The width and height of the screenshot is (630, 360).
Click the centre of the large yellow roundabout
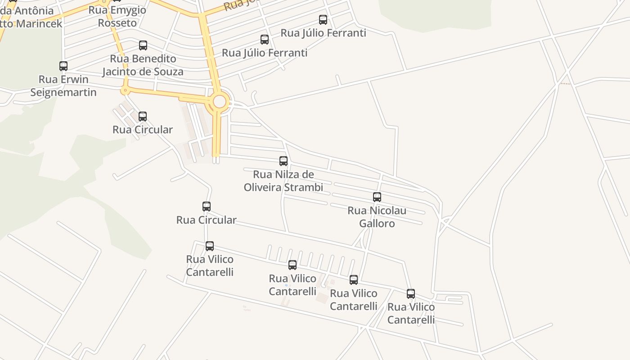[219, 102]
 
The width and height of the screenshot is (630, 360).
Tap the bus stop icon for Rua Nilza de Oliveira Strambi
[283, 161]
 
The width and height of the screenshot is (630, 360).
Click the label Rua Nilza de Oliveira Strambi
[283, 181]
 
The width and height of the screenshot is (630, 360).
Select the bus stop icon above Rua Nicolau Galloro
[377, 197]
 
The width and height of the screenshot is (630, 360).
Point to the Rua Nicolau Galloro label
[377, 217]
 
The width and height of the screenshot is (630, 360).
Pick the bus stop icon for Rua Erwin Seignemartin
[63, 66]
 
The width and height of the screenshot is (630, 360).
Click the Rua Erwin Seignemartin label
[63, 86]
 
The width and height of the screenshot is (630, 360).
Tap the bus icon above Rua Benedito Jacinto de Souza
[143, 45]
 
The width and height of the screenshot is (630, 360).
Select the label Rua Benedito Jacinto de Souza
[143, 65]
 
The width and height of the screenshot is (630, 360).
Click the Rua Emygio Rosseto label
[117, 17]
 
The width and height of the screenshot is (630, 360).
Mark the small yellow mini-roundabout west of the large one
[125, 91]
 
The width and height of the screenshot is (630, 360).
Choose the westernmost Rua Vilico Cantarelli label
[210, 265]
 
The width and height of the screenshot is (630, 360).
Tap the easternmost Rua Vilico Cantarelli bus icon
[411, 294]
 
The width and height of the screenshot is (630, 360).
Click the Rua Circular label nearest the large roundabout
[143, 130]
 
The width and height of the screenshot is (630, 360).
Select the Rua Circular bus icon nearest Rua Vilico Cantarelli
[207, 207]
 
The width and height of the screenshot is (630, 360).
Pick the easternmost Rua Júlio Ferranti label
[324, 33]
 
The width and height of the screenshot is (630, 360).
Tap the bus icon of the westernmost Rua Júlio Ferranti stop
[265, 40]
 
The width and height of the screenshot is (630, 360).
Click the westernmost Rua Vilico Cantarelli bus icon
[210, 246]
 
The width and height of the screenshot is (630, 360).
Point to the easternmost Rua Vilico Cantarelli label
[411, 313]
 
